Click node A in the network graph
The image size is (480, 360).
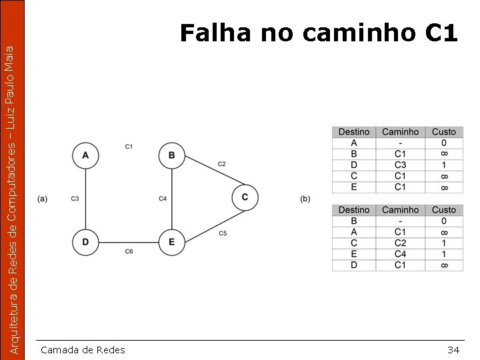click(x=85, y=156)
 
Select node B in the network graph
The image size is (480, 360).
click(x=172, y=156)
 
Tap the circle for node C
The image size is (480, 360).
click(x=245, y=197)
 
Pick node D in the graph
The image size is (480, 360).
click(x=85, y=242)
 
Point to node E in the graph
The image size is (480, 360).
click(x=172, y=242)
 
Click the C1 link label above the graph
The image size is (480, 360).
click(x=129, y=146)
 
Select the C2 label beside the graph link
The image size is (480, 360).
click(x=221, y=164)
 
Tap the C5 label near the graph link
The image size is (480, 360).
click(x=223, y=233)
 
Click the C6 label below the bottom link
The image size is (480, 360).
click(x=129, y=252)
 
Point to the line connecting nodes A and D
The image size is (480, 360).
click(x=85, y=199)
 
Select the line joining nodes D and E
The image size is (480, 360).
click(x=129, y=242)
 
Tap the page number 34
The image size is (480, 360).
click(x=453, y=350)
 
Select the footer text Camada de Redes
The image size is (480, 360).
click(x=83, y=350)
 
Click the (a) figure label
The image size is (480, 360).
click(x=43, y=199)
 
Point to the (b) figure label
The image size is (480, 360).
click(x=305, y=199)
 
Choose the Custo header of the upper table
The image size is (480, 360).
click(x=444, y=132)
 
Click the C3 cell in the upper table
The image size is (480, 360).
click(x=401, y=165)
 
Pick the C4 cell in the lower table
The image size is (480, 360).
click(x=401, y=254)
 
